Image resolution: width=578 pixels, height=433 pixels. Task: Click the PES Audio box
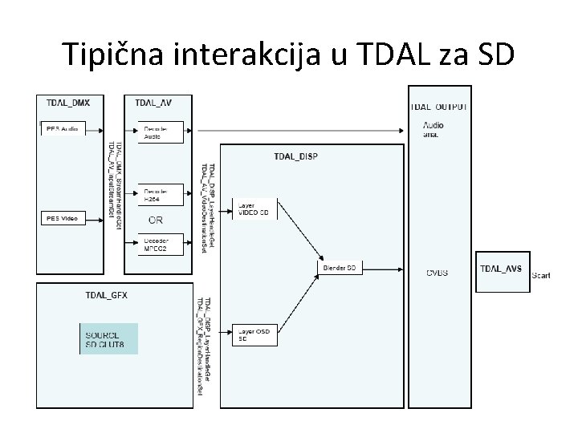pos(63,128)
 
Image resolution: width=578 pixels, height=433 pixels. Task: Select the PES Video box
pos(63,217)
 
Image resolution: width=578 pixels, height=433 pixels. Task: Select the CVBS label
pos(438,273)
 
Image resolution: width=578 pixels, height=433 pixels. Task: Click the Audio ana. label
pos(434,129)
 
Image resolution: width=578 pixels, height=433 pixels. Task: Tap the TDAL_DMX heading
pos(69,103)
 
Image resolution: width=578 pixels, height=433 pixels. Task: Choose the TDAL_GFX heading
pos(106,295)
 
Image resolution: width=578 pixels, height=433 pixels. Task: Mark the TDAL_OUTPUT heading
pos(439,107)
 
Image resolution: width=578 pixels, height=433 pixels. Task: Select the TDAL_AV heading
pos(153,103)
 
